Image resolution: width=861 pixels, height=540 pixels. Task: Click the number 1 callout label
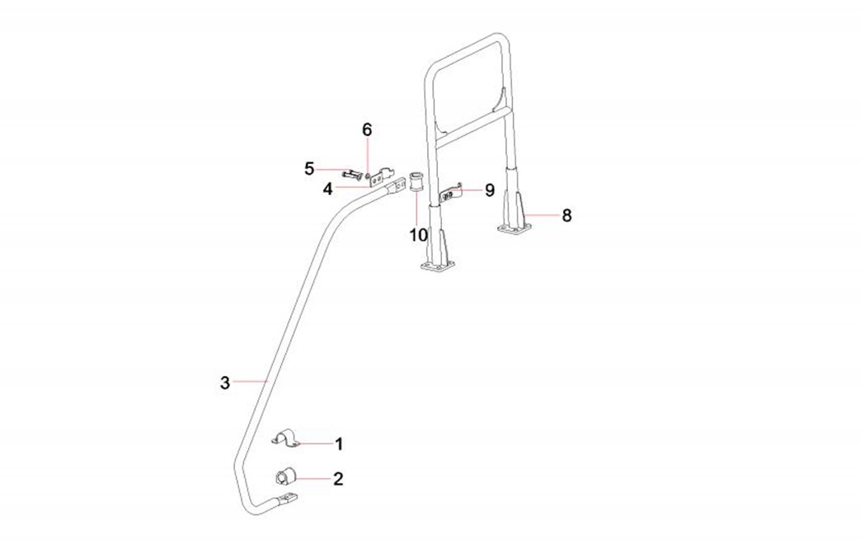(x=338, y=444)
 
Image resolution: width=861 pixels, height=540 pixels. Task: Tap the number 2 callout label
(x=338, y=478)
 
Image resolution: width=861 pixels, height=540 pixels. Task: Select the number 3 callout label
(x=224, y=383)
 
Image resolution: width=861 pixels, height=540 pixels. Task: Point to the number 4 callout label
(x=327, y=188)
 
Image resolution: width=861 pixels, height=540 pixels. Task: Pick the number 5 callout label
(x=309, y=169)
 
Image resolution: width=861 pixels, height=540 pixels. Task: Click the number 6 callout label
(x=367, y=129)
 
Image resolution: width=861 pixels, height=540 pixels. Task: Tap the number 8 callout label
(x=566, y=216)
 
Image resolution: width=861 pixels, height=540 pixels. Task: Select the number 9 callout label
(x=489, y=190)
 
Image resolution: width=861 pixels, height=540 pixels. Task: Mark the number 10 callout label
(x=418, y=234)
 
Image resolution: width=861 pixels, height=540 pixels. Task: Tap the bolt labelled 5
(x=352, y=174)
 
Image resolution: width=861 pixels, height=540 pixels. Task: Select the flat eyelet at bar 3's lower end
(x=288, y=500)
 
